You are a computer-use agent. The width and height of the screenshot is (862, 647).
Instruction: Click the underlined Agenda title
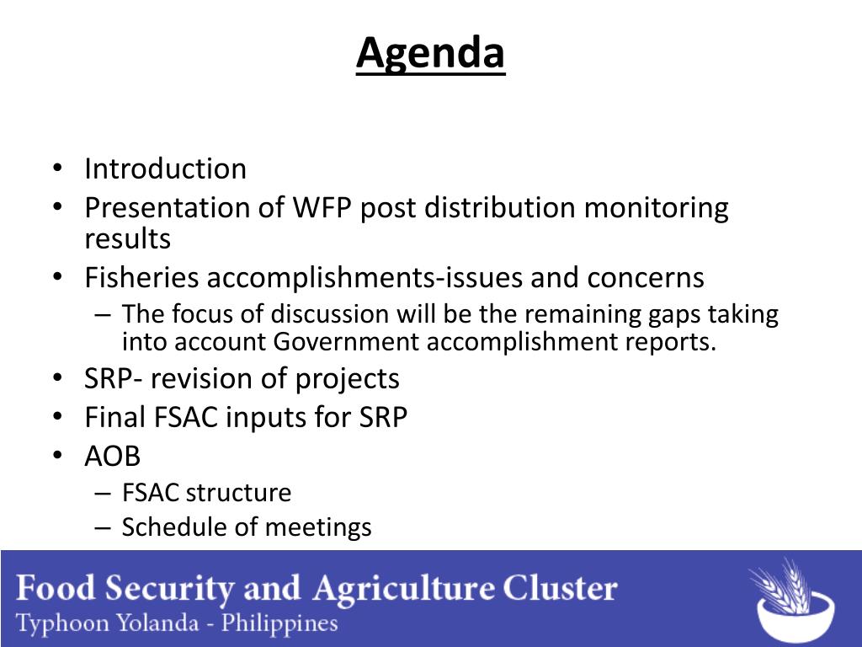point(430,53)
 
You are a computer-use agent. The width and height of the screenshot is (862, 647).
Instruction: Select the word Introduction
point(166,168)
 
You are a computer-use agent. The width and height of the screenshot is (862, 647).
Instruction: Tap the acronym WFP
point(322,208)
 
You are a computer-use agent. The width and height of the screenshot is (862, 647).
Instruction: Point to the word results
point(128,238)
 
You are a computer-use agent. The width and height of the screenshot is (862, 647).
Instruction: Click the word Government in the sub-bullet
point(346,342)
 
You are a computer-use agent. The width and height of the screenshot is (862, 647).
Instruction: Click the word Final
point(114,416)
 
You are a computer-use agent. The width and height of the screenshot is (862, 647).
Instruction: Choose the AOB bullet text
point(113,456)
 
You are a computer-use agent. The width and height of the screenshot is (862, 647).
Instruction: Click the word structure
point(238,492)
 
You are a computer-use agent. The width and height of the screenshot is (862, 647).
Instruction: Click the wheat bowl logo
point(792,600)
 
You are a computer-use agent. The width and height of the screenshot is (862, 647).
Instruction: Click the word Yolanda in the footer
point(158,623)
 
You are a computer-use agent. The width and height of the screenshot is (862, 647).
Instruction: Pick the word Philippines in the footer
point(279,624)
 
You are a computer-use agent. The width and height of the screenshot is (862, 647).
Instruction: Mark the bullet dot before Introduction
point(58,168)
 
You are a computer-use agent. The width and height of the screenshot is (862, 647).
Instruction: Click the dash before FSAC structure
point(103,493)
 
